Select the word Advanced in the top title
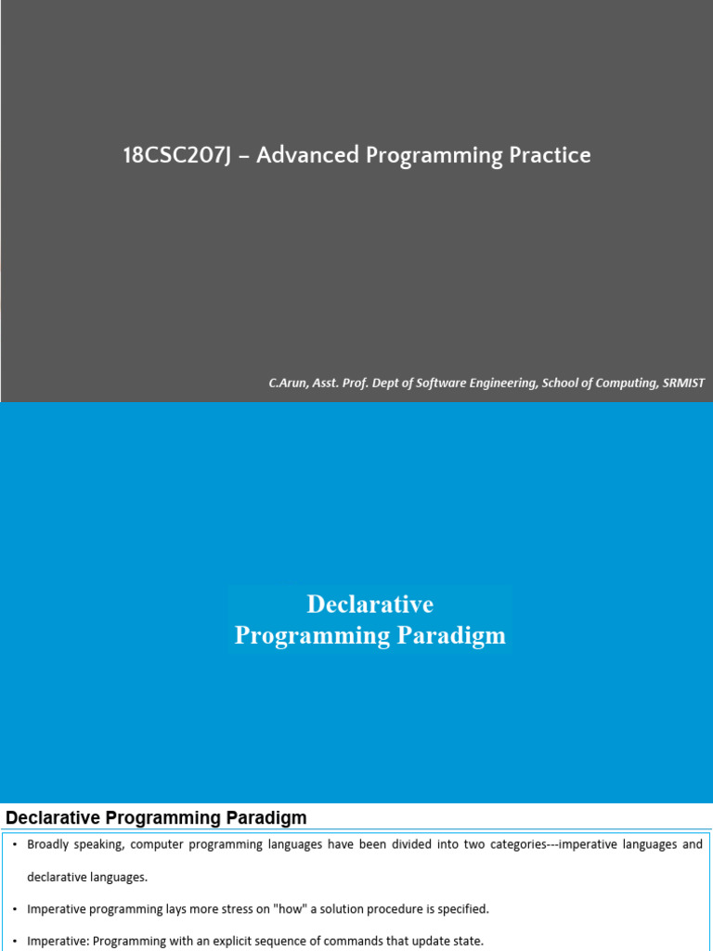(306, 156)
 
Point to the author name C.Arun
(289, 383)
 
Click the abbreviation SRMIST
(682, 383)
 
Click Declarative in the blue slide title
(370, 605)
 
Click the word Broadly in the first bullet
(48, 845)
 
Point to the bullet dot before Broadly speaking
(16, 845)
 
